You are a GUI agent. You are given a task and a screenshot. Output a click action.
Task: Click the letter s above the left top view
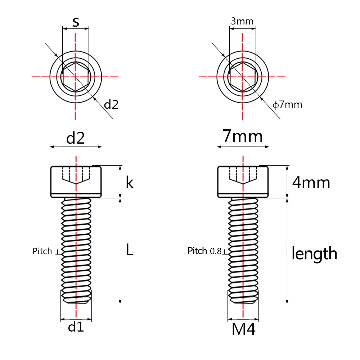[76, 22]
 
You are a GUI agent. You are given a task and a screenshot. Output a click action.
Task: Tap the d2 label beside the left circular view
[111, 105]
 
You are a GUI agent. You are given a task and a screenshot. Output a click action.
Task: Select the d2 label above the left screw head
[76, 138]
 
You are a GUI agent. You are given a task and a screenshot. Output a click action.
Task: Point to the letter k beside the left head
[130, 183]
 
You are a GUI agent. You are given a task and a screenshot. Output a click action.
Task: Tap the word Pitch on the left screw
[42, 251]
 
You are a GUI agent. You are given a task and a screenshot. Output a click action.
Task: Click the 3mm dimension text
[242, 21]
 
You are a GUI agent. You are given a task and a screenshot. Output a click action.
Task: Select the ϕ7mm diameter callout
[287, 105]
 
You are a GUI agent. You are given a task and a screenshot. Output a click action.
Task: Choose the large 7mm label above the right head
[243, 137]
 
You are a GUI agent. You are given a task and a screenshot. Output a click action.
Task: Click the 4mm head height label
[311, 183]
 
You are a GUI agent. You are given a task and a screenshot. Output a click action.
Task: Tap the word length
[314, 253]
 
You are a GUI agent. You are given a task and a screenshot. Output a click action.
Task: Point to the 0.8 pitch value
[216, 251]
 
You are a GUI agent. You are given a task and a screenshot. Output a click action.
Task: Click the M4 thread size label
[243, 329]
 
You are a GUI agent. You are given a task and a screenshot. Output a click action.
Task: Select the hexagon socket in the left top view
[75, 76]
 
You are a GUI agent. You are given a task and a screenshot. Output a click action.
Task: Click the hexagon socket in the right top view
[242, 76]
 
